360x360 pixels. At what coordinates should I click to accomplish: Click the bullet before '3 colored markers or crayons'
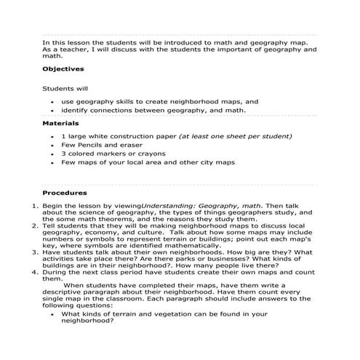click(52, 154)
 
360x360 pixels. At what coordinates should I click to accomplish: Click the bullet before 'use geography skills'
click(52, 101)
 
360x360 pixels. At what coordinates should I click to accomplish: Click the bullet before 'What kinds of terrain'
click(52, 313)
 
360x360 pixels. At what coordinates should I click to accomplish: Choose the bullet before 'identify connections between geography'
click(52, 111)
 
